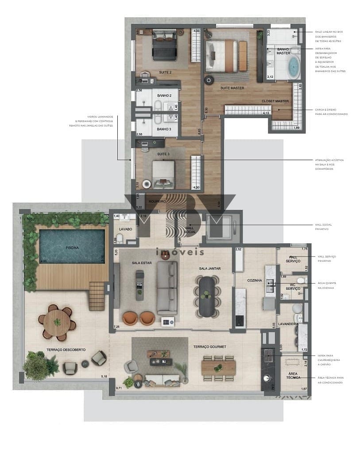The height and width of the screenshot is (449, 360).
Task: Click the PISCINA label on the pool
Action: [x=72, y=248]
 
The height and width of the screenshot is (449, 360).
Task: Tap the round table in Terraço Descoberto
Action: [x=57, y=322]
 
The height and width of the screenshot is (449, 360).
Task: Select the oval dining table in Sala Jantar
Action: [x=207, y=296]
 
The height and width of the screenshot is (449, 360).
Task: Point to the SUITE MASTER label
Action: [x=232, y=88]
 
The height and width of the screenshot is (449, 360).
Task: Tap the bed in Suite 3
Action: [x=163, y=173]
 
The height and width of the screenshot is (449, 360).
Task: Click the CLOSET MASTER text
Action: [x=275, y=101]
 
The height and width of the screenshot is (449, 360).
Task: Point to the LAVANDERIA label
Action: [x=288, y=324]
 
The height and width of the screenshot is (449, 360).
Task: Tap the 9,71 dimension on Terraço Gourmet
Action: [x=119, y=388]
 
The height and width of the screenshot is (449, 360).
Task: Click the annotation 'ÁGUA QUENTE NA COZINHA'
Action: [x=329, y=285]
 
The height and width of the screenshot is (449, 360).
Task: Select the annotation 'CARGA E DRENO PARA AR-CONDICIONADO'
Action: [x=331, y=111]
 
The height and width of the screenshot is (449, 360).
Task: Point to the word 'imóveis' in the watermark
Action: [x=180, y=252]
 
